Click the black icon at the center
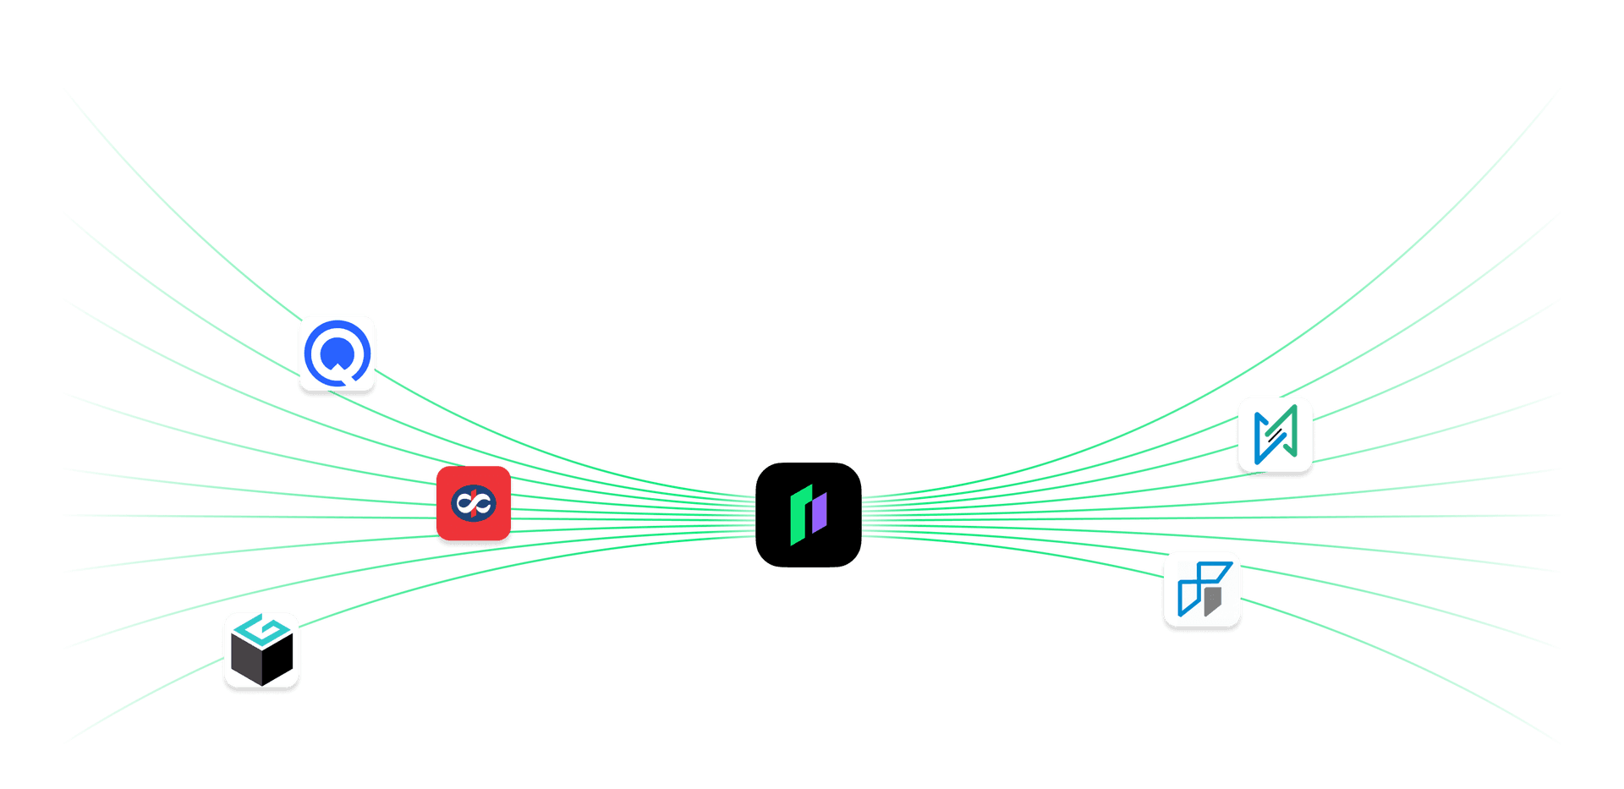click(808, 514)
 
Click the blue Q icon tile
click(337, 353)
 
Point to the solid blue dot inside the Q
click(337, 351)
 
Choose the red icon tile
click(474, 504)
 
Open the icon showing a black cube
click(261, 650)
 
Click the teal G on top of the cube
click(261, 628)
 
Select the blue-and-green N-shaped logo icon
click(1275, 435)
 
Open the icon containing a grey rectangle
click(1202, 589)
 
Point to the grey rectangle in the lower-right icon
click(1213, 600)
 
